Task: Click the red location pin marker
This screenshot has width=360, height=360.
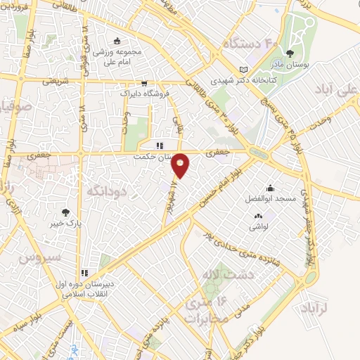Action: click(181, 166)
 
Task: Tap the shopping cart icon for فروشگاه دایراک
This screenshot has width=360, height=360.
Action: click(143, 82)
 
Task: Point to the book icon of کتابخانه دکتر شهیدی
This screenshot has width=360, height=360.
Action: click(243, 70)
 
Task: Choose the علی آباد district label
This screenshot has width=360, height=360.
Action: click(337, 91)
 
